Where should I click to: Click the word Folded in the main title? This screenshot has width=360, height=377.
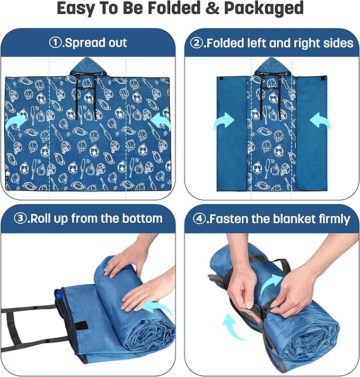174,8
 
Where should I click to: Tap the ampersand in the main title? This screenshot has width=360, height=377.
212,8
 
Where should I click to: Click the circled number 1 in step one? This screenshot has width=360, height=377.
56,43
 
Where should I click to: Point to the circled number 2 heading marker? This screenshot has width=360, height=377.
196,43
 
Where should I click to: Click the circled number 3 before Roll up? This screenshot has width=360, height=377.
20,218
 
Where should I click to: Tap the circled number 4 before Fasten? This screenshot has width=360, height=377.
199,219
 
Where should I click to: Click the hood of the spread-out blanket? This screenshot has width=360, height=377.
87,67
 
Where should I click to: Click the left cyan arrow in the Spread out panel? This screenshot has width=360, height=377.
16,121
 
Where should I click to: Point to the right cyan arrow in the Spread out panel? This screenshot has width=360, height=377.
160,121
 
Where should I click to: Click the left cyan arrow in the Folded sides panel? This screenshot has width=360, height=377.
224,121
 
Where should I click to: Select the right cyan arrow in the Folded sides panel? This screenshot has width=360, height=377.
320,121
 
